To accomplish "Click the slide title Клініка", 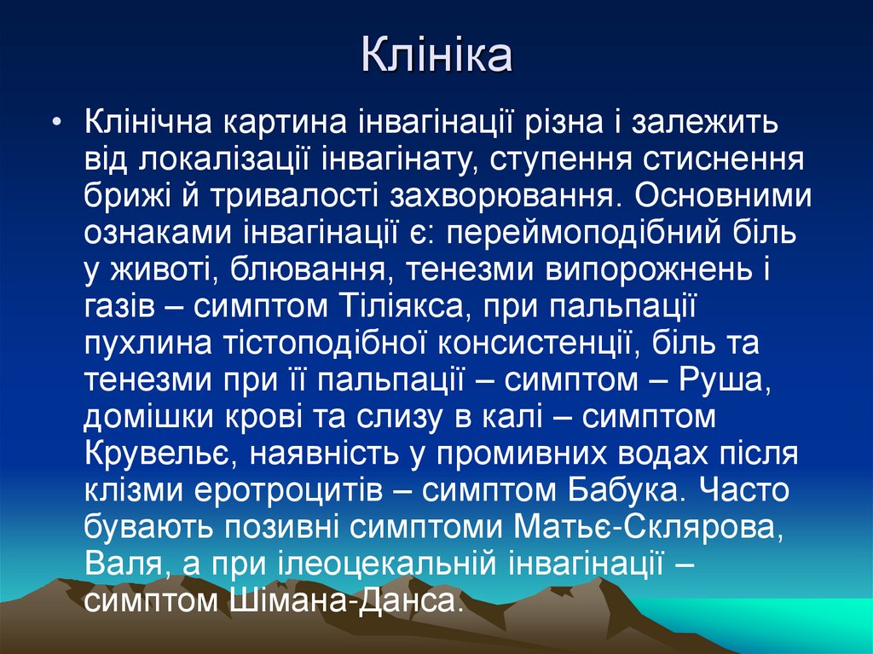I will click(436, 57).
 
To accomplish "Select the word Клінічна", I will click(147, 122).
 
